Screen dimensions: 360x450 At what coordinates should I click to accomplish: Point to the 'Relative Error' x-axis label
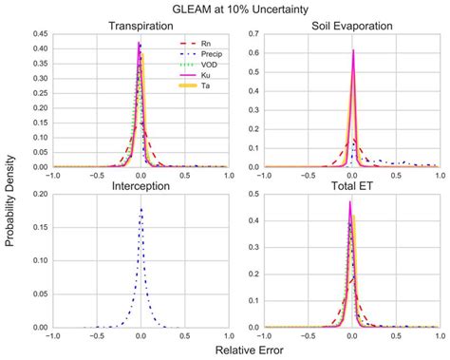[x=245, y=350]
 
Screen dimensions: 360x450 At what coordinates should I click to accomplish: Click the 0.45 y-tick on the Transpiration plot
[x=39, y=34]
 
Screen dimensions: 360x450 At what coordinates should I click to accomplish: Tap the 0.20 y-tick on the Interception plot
[x=39, y=195]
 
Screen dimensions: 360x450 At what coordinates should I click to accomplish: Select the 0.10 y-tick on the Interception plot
[x=39, y=261]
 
